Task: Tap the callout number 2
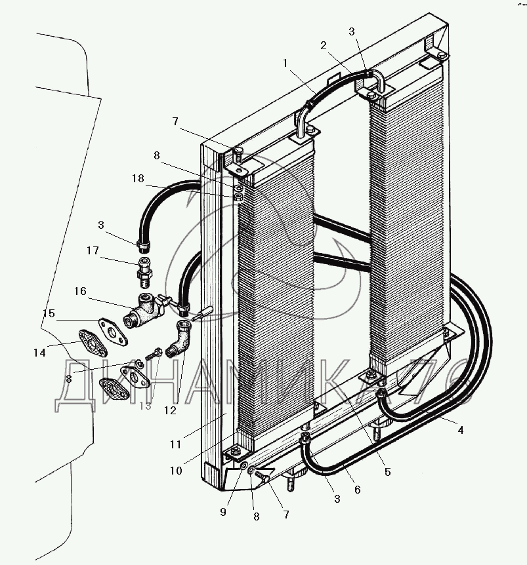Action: coord(323,45)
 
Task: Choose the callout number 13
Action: coord(145,406)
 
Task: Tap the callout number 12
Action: coord(171,411)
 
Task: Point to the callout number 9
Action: coord(223,512)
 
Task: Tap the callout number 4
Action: coord(460,430)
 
